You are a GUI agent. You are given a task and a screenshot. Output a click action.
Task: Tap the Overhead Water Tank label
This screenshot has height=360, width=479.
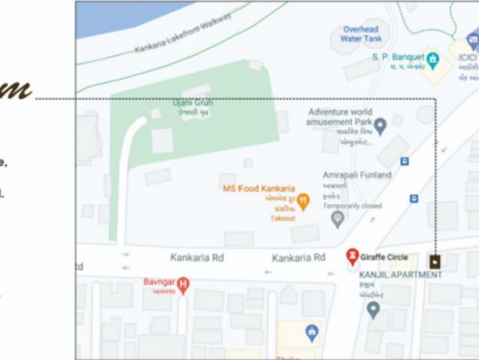pyautogui.click(x=361, y=33)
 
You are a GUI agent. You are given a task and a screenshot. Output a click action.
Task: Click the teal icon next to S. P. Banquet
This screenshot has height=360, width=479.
pyautogui.click(x=432, y=57)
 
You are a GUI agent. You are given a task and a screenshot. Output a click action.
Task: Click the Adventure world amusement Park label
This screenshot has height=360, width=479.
pyautogui.click(x=340, y=116)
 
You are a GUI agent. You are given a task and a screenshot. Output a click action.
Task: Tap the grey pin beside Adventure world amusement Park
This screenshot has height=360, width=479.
pyautogui.click(x=380, y=125)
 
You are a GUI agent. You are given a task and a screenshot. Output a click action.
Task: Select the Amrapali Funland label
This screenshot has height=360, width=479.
pyautogui.click(x=357, y=175)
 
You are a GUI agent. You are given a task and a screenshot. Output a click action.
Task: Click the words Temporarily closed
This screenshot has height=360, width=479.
pyautogui.click(x=352, y=205)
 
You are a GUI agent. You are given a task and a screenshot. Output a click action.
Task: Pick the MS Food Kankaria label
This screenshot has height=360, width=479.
pyautogui.click(x=258, y=187)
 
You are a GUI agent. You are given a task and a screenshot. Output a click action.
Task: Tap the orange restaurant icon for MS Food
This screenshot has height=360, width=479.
pyautogui.click(x=303, y=200)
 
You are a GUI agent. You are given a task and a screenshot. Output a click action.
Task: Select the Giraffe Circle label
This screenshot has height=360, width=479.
pyautogui.click(x=384, y=256)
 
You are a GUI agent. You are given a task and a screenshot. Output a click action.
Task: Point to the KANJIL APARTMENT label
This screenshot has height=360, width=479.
pyautogui.click(x=400, y=274)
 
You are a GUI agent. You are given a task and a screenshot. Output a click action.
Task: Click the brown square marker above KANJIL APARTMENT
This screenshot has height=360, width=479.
pyautogui.click(x=434, y=261)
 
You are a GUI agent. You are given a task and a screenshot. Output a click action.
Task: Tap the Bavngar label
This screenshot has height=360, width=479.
pyautogui.click(x=158, y=282)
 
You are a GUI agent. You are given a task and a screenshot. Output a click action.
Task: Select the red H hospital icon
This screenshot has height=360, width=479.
pyautogui.click(x=183, y=283)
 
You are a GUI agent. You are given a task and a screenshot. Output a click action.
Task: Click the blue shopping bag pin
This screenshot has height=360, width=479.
pyautogui.click(x=312, y=331)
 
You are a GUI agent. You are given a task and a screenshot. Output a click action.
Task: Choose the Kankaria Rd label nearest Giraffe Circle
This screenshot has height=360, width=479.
pyautogui.click(x=298, y=257)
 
